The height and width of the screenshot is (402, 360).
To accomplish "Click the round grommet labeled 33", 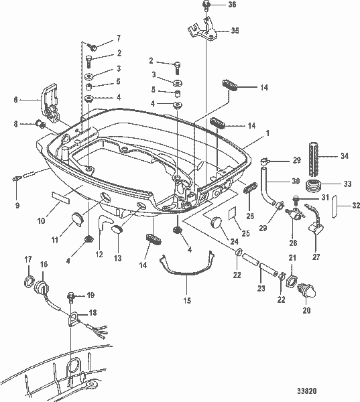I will tap(312, 185).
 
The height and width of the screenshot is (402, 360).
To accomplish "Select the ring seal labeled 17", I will tap(28, 281).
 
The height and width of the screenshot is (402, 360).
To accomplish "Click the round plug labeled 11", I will tap(75, 218).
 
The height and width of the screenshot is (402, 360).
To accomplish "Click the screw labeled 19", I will tap(70, 295).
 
